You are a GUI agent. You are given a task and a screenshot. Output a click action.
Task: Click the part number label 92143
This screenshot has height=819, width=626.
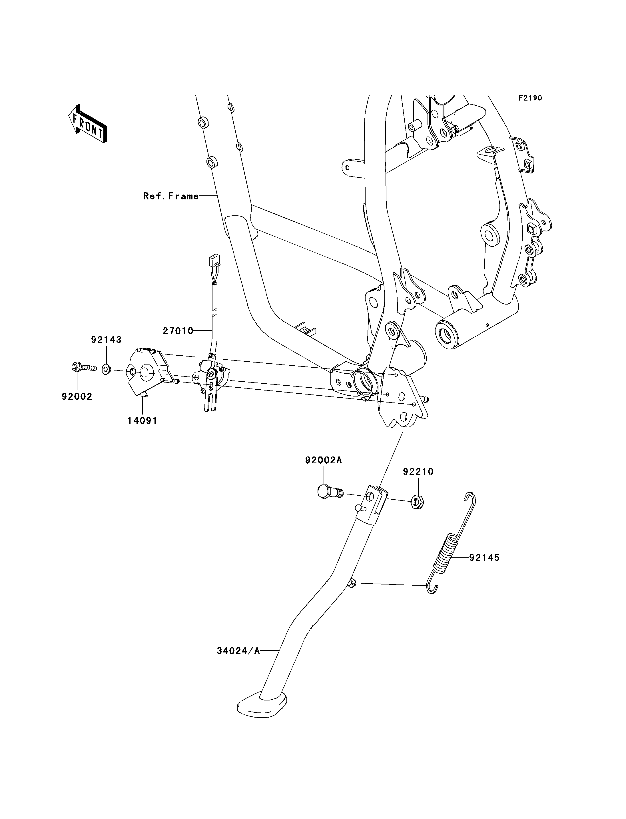pyautogui.click(x=107, y=340)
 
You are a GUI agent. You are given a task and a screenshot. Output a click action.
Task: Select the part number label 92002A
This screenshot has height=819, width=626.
pyautogui.click(x=324, y=460)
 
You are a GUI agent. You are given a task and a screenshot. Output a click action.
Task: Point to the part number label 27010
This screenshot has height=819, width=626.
pyautogui.click(x=178, y=331)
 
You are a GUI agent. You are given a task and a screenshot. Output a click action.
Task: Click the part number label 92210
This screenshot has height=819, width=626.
pyautogui.click(x=418, y=472)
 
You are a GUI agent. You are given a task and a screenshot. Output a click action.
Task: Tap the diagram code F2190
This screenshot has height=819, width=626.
pyautogui.click(x=530, y=98)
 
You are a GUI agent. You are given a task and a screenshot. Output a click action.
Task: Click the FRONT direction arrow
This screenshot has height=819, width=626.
pyautogui.click(x=88, y=124)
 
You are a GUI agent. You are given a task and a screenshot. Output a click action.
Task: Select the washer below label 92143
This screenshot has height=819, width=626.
pyautogui.click(x=106, y=369)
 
